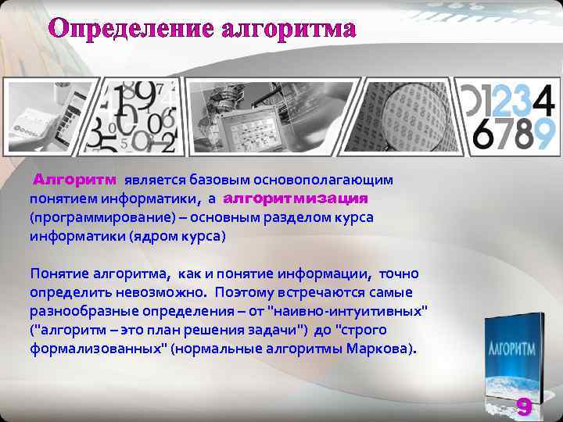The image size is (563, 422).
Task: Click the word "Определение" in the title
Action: (x=131, y=30)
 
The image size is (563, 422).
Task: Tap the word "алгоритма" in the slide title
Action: (x=289, y=30)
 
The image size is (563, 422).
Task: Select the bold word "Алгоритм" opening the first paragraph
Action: (x=74, y=181)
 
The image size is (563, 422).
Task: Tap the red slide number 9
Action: (x=524, y=406)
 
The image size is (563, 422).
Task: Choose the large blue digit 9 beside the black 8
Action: (x=544, y=133)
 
